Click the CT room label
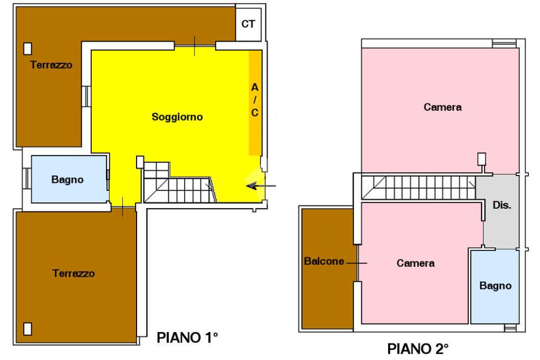coord(248,24)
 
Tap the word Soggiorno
coord(177,117)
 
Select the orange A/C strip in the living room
coord(255,103)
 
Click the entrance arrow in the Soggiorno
coord(261,186)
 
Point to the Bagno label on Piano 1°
coord(67,179)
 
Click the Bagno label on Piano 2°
coord(495,286)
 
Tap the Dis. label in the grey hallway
coord(502,205)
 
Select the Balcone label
coord(324,261)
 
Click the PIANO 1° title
coord(187,338)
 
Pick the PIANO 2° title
coord(418,349)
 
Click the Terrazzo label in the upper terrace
coord(51,65)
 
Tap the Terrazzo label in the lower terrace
coord(73,273)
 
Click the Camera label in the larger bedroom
coord(442,107)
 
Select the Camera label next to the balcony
coord(416,264)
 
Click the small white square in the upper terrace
coord(27,48)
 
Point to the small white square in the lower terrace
coord(27,329)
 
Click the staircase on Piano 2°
coord(418,188)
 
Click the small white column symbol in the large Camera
coord(481,159)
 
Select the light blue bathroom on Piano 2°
coord(495,286)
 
